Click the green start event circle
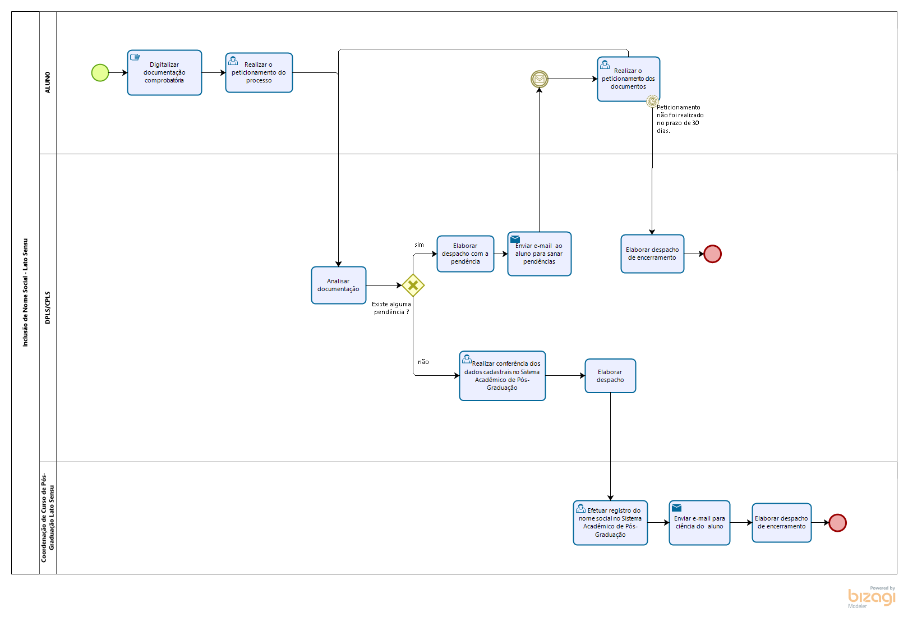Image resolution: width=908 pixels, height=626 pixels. click(100, 73)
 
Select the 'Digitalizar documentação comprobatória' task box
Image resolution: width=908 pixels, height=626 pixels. click(164, 72)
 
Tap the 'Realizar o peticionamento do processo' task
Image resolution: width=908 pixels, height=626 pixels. click(259, 72)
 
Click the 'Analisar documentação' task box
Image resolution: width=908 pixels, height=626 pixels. click(339, 285)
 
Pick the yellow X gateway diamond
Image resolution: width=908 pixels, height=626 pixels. click(413, 286)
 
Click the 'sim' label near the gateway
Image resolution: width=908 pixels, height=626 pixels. click(419, 245)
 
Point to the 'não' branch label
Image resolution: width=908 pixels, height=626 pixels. click(423, 362)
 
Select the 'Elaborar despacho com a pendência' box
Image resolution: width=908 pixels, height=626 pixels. click(465, 254)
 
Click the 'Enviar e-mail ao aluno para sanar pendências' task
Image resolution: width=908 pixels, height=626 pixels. click(540, 254)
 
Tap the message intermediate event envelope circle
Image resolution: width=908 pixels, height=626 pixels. click(540, 79)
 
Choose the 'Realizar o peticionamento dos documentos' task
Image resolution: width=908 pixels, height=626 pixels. click(629, 79)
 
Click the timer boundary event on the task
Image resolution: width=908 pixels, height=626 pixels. click(652, 101)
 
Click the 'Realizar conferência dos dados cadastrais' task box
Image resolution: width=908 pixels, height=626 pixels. click(503, 376)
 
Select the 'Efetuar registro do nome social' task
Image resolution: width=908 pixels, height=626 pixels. click(610, 523)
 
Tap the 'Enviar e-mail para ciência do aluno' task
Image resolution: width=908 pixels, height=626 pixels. click(699, 523)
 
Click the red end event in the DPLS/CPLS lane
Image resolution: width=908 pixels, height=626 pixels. click(713, 254)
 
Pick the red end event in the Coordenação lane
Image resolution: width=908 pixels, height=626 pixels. click(838, 523)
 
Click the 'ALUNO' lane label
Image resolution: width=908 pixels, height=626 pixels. click(48, 82)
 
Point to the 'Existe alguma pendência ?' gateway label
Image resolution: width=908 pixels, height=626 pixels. click(391, 308)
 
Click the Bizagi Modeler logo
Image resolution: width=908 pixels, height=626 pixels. click(872, 597)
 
